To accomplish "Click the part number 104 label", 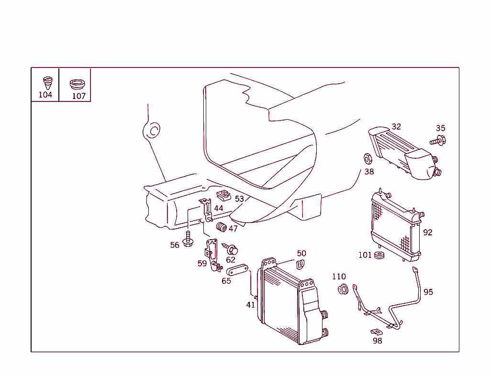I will [x=45, y=95].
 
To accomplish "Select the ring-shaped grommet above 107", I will [x=77, y=84].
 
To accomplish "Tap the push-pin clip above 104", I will [x=47, y=82].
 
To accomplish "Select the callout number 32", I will [x=396, y=127].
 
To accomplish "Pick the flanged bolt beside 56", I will [x=188, y=240].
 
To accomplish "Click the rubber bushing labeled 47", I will [x=222, y=227].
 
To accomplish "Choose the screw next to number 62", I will [x=232, y=249].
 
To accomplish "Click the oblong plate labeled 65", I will [x=236, y=270].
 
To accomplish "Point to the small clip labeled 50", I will [x=301, y=264].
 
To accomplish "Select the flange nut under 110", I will [x=343, y=289].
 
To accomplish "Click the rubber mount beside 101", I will [x=380, y=255].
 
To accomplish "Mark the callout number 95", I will [x=428, y=292].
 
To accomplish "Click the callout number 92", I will [x=428, y=232].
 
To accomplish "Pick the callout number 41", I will [x=251, y=305].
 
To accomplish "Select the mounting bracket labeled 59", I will [x=211, y=256].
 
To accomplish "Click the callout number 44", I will [x=219, y=208].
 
